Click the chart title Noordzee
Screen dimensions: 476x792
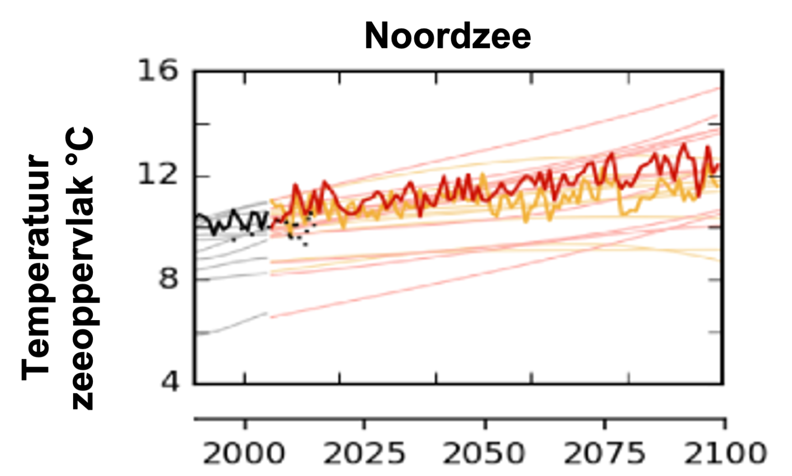tap(448, 36)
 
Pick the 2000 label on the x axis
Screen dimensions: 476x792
tap(243, 453)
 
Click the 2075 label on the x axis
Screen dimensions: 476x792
tap(604, 453)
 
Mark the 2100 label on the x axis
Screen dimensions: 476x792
tap(724, 453)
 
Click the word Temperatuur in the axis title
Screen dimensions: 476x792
tap(36, 266)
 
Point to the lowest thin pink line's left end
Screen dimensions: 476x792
tap(271, 317)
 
